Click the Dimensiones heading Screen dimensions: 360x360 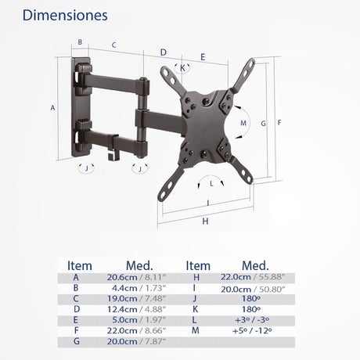pyautogui.click(x=65, y=16)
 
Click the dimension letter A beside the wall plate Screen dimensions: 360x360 pyautogui.click(x=53, y=108)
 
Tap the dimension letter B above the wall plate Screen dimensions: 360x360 pyautogui.click(x=79, y=43)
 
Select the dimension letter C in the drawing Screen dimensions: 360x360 pyautogui.click(x=114, y=45)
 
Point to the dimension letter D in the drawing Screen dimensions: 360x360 pyautogui.click(x=163, y=52)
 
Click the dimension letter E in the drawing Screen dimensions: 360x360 pyautogui.click(x=203, y=56)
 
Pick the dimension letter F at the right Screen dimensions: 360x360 pyautogui.click(x=279, y=122)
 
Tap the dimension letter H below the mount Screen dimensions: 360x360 pyautogui.click(x=205, y=221)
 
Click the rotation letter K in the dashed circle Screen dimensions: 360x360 pyautogui.click(x=182, y=68)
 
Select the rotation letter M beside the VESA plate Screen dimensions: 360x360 pyautogui.click(x=243, y=123)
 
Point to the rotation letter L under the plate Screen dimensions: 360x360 pyautogui.click(x=211, y=184)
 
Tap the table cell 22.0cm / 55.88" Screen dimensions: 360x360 pyautogui.click(x=247, y=277)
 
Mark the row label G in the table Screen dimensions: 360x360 pyautogui.click(x=75, y=342)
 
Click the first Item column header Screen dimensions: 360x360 pyautogui.click(x=80, y=265)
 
